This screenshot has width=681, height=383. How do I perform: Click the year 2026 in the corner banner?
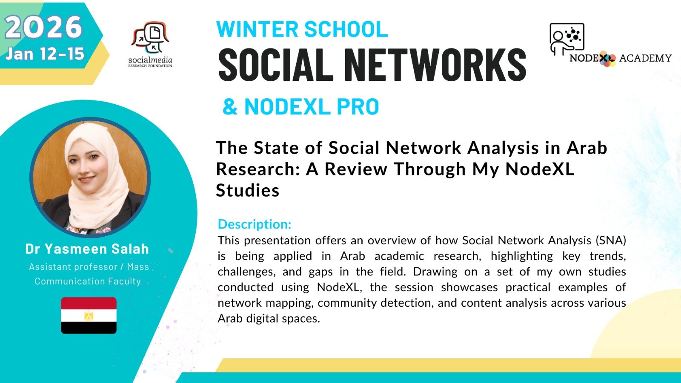[43, 27]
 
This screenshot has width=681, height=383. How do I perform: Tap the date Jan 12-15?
[45, 54]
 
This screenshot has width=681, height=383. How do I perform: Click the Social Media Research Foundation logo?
[150, 44]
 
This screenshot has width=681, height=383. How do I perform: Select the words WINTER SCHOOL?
[302, 29]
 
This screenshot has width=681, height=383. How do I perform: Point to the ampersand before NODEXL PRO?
[230, 107]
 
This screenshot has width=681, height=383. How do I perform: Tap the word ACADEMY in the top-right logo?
[645, 58]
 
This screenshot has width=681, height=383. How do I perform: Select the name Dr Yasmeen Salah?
[87, 249]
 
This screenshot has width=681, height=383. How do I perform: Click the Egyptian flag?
[89, 315]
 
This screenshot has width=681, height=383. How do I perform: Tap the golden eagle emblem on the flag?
[89, 315]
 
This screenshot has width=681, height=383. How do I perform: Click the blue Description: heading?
[255, 224]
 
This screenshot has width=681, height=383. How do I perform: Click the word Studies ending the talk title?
[247, 191]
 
